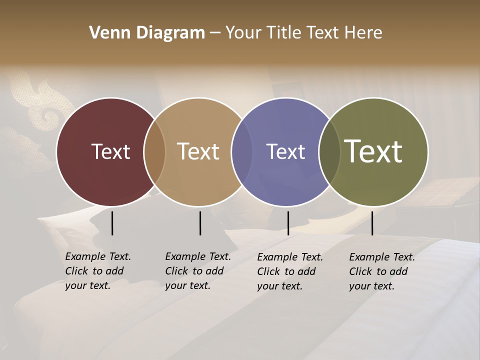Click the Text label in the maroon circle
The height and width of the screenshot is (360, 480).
tap(110, 151)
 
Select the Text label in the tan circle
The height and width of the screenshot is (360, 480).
tap(198, 151)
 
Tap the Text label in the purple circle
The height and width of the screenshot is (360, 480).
tap(285, 151)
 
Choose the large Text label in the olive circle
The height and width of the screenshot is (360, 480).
tap(373, 151)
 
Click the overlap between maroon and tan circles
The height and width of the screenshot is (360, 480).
tap(154, 151)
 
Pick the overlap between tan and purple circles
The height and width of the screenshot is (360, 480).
tap(242, 151)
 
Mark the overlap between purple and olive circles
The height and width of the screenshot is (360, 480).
tap(329, 151)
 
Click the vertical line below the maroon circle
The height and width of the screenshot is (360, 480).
tap(112, 223)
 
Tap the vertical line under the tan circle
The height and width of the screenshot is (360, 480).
tap(200, 223)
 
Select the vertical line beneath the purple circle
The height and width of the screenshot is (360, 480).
tap(288, 223)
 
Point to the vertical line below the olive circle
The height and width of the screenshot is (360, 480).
tap(372, 223)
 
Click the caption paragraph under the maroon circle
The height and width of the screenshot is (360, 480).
tap(98, 271)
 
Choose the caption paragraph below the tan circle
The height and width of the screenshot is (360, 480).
tap(198, 271)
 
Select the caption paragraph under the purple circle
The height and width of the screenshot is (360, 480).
tap(290, 271)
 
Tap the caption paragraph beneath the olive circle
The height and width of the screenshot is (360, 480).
tap(382, 271)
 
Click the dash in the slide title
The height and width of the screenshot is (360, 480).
tap(215, 33)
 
